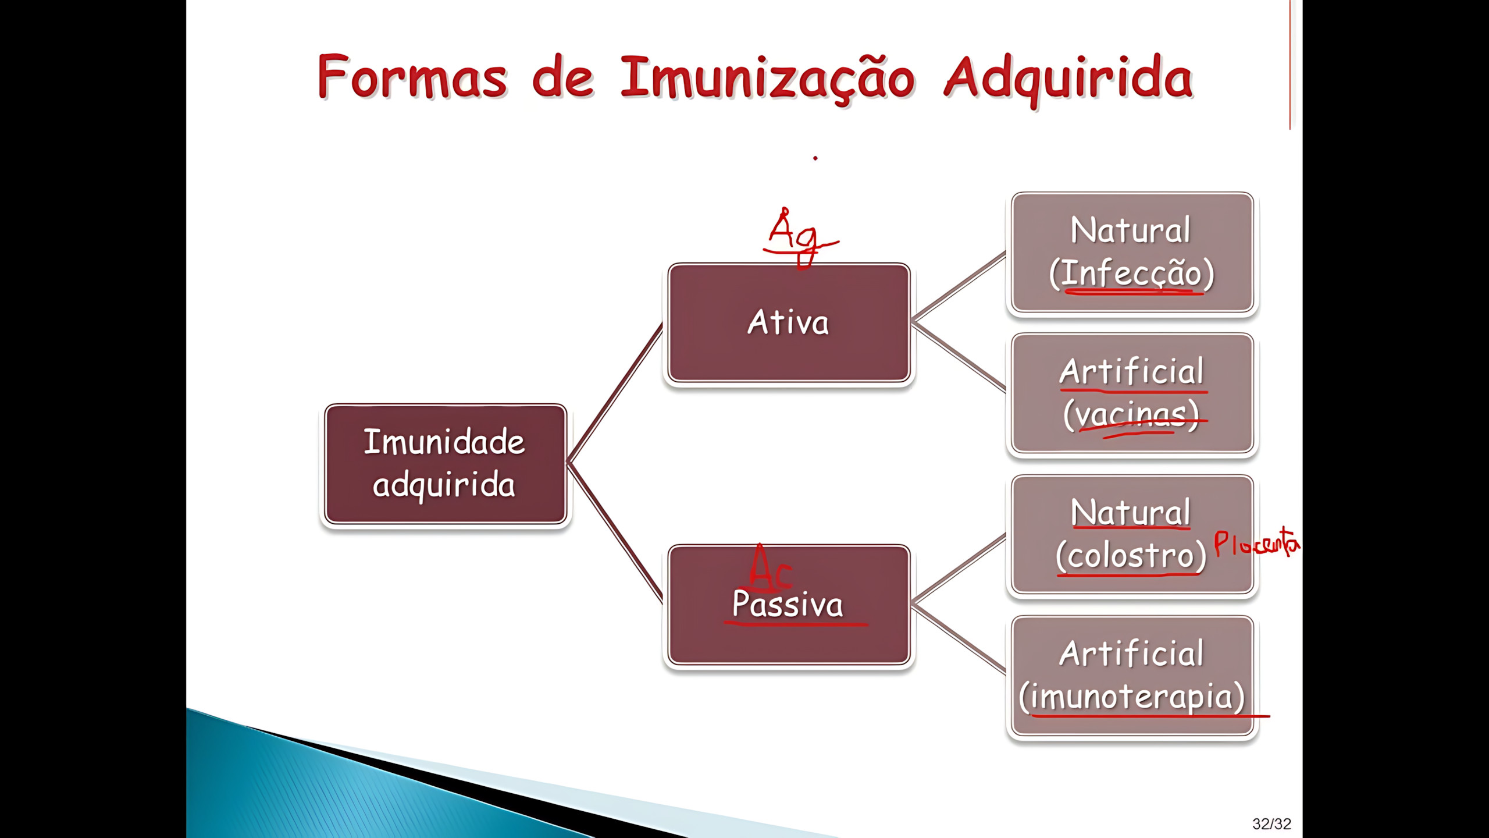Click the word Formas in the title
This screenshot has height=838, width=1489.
point(412,77)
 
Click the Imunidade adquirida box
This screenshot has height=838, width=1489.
point(446,464)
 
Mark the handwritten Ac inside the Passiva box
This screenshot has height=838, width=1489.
point(769,567)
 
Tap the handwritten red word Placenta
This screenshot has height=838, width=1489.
point(1256,544)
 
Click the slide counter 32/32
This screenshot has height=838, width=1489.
point(1271,823)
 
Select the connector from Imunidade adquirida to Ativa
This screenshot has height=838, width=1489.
point(615,393)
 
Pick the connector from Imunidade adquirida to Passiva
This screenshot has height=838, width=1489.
point(615,532)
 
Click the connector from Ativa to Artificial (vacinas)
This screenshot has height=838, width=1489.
point(960,357)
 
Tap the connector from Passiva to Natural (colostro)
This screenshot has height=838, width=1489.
point(960,568)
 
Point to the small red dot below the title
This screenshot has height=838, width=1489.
point(815,158)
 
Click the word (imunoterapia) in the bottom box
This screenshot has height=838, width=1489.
point(1132,697)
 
